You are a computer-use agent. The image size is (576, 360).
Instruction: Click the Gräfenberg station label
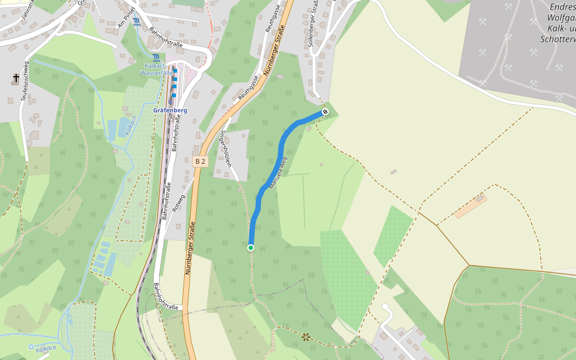[170, 110]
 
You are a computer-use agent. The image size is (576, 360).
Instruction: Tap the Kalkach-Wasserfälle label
[156, 69]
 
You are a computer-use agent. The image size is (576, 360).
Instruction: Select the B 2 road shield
[200, 161]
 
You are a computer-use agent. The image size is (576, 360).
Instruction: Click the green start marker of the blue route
[251, 247]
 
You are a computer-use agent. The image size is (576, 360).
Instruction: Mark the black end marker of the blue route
[325, 112]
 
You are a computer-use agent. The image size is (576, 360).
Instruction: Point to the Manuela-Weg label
[279, 173]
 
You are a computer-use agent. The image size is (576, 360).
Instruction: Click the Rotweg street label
[178, 203]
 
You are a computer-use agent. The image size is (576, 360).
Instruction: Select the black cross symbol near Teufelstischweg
[16, 78]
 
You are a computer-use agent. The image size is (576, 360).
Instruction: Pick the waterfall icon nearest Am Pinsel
[137, 22]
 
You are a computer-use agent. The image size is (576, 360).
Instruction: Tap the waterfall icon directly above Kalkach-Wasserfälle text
[156, 58]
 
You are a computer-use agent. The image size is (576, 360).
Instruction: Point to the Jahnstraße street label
[26, 11]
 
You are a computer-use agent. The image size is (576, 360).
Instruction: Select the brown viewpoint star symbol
[306, 337]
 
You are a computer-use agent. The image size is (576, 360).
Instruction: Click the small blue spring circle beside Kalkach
[31, 346]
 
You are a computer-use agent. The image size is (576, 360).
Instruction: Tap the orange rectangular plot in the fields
[470, 206]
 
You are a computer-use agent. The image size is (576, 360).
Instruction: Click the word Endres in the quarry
[562, 7]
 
